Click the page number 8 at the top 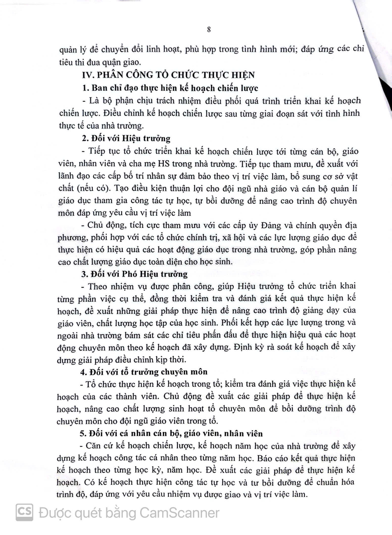point(209,30)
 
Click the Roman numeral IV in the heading point(88,75)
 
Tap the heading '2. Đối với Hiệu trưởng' point(126,138)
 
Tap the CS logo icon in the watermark point(24,512)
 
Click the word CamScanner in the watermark point(179,513)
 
